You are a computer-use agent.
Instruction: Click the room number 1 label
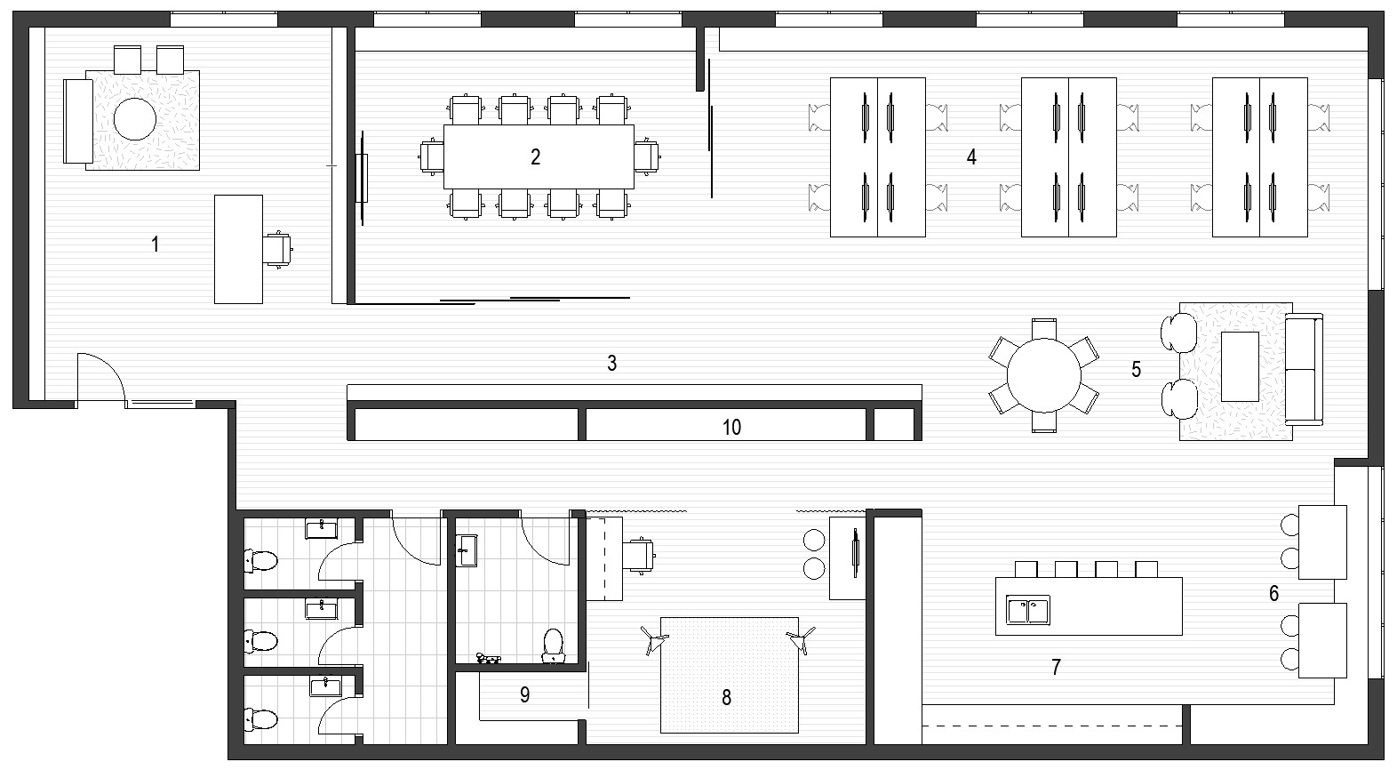click(156, 244)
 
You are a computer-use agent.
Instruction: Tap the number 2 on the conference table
click(535, 157)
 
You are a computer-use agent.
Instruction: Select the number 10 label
click(731, 428)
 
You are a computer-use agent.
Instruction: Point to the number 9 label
click(524, 694)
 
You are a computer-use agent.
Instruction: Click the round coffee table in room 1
click(135, 118)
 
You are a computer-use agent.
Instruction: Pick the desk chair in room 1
click(277, 248)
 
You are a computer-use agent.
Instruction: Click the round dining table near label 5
click(1043, 375)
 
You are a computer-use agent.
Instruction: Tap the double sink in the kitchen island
click(1028, 610)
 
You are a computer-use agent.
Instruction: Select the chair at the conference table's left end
click(431, 156)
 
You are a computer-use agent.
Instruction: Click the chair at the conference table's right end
click(647, 156)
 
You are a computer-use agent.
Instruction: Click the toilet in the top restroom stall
click(260, 560)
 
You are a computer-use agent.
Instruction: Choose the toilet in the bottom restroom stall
click(260, 718)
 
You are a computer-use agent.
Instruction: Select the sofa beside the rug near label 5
click(1304, 369)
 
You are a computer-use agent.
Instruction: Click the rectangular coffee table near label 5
click(1240, 366)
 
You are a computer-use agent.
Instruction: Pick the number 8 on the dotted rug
click(727, 698)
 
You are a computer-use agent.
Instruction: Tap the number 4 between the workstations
click(971, 157)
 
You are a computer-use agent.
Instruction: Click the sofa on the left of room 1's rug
click(78, 121)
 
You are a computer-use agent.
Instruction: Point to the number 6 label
click(1274, 593)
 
